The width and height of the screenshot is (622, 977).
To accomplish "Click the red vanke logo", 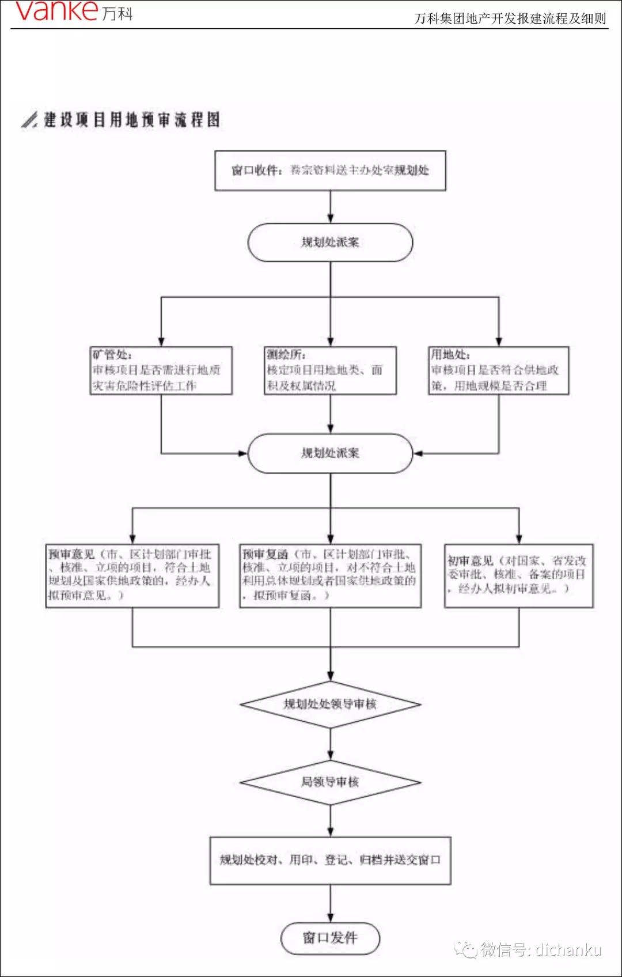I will [x=56, y=11].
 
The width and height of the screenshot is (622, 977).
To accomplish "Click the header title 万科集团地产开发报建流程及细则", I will [x=510, y=18].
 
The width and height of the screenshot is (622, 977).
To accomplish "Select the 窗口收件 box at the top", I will [x=330, y=171].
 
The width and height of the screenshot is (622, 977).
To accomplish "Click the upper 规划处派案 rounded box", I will [x=330, y=243].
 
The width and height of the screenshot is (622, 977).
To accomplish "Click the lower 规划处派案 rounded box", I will [x=330, y=453].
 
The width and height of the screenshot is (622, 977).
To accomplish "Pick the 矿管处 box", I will [x=161, y=370].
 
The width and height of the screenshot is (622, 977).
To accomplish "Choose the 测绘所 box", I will [x=330, y=370].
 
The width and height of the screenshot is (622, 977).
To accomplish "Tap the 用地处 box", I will [x=498, y=370].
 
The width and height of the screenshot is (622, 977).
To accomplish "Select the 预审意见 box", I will [x=132, y=575].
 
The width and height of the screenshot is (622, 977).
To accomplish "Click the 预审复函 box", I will [x=330, y=575].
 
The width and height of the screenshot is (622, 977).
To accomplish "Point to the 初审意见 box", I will [x=518, y=575].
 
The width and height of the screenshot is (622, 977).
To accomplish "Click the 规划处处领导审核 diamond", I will [x=330, y=704].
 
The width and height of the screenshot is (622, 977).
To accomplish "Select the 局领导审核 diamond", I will [x=330, y=782].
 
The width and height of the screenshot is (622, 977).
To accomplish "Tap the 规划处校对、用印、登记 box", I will [x=330, y=861].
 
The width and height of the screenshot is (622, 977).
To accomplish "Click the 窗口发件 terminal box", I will [x=330, y=938].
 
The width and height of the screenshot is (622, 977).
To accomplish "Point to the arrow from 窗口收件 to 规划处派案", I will [x=331, y=207].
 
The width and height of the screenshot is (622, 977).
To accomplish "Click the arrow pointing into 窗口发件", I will [x=331, y=903].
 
